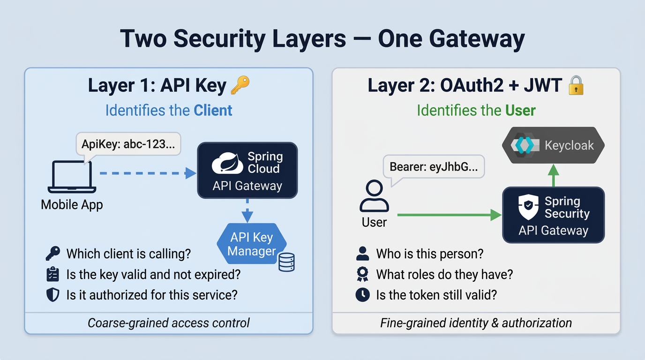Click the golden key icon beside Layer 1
click(240, 85)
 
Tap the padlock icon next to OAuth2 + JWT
click(575, 86)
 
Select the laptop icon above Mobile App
click(72, 177)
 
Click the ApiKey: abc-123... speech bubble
click(128, 144)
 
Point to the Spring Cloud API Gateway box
click(247, 170)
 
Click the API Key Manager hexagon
click(251, 244)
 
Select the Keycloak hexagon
click(553, 145)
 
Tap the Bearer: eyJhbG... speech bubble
click(434, 167)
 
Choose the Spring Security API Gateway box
click(553, 215)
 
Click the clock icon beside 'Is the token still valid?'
click(362, 295)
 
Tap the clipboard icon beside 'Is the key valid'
click(53, 274)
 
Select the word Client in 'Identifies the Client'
click(213, 111)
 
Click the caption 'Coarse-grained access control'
click(169, 323)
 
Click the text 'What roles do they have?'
click(444, 274)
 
